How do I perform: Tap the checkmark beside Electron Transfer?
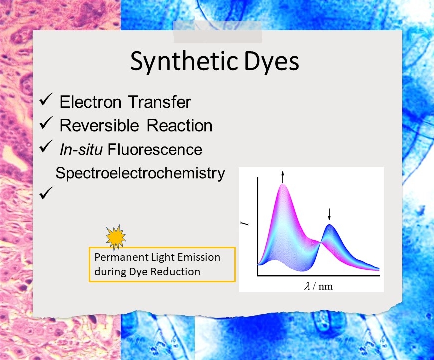pyautogui.click(x=46, y=100)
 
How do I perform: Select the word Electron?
pyautogui.click(x=90, y=102)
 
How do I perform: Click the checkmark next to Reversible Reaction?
pyautogui.click(x=46, y=123)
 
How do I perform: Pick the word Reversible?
pyautogui.click(x=99, y=125)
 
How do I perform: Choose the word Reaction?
pyautogui.click(x=179, y=125)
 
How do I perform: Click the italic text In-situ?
pyautogui.click(x=81, y=149)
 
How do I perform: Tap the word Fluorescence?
pyautogui.click(x=155, y=149)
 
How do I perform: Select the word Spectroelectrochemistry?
pyautogui.click(x=140, y=174)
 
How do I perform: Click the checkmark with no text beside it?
pyautogui.click(x=46, y=193)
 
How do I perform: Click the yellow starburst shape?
pyautogui.click(x=116, y=237)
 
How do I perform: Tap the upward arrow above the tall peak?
pyautogui.click(x=283, y=177)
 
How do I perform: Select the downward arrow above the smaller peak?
pyautogui.click(x=329, y=214)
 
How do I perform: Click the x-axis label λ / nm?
pyautogui.click(x=318, y=286)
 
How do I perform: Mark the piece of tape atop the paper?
pyautogui.click(x=218, y=31)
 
